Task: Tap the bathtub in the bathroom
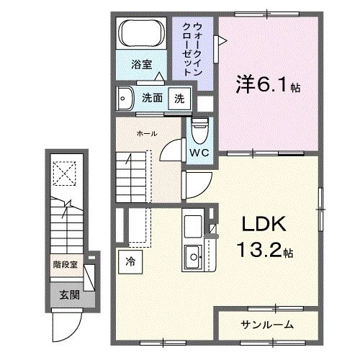click(141, 34)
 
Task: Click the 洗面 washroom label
click(151, 99)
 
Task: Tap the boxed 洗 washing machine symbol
click(179, 99)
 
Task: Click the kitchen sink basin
click(193, 255)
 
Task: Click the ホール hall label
click(147, 133)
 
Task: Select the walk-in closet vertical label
click(192, 49)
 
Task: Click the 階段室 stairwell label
click(65, 265)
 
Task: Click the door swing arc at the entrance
click(67, 329)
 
